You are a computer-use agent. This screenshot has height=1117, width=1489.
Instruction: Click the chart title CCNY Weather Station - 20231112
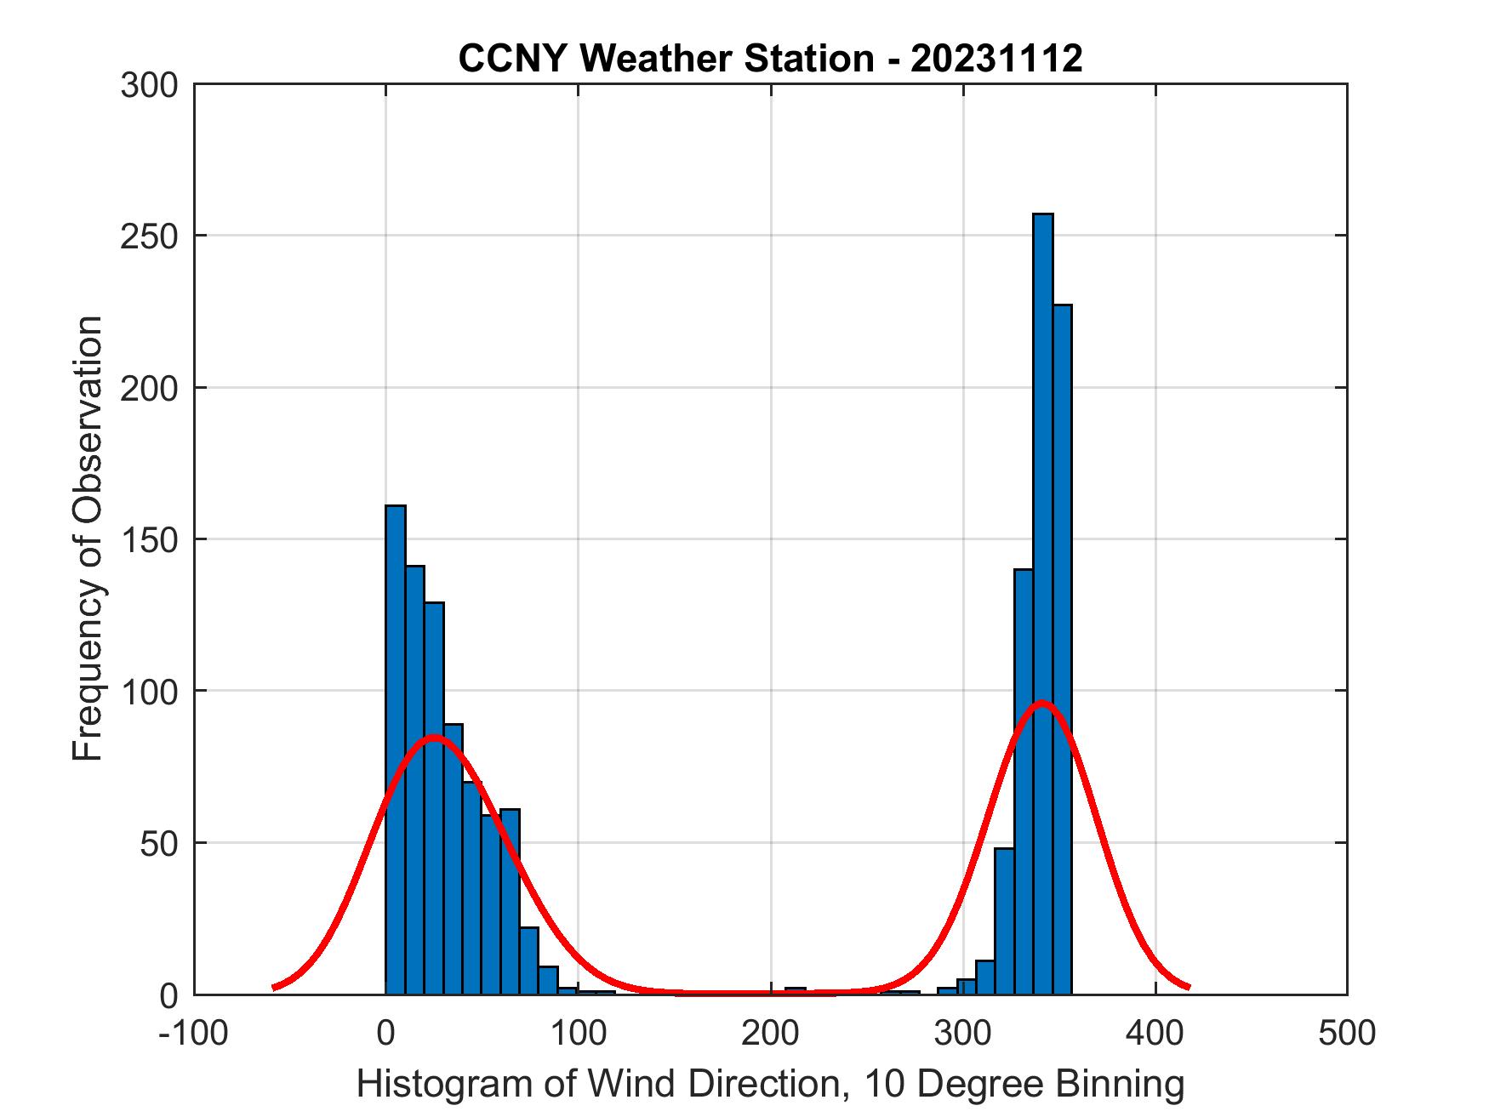(770, 59)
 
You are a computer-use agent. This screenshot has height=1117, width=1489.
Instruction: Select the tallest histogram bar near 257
(1042, 596)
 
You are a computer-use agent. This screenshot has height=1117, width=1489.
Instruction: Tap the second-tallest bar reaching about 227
(1062, 647)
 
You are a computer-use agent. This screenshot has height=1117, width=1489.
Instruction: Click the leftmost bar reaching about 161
(396, 749)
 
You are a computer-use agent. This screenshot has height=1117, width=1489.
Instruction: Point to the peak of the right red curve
(1041, 703)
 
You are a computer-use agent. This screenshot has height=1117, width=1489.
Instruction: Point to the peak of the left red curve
(434, 737)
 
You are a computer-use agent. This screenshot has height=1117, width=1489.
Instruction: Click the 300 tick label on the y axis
(149, 85)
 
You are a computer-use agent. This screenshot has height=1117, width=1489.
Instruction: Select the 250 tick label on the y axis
(149, 237)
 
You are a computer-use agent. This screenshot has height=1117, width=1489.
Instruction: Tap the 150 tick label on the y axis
(149, 540)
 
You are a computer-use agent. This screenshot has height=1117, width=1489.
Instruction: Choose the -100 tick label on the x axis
(193, 1034)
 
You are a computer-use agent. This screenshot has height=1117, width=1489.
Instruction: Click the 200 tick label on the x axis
(771, 1034)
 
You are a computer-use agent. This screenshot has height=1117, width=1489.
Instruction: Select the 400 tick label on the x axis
(1155, 1034)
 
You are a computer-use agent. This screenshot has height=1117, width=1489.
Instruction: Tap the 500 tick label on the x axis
(1347, 1034)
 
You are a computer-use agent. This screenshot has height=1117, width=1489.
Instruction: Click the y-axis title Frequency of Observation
(88, 539)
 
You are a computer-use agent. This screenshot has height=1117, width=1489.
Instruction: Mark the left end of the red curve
(273, 987)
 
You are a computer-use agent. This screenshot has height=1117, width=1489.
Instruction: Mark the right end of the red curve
(1189, 987)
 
